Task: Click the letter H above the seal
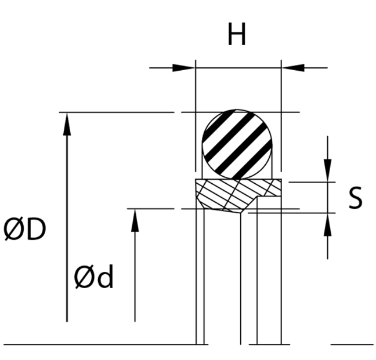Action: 236,36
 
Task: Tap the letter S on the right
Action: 355,198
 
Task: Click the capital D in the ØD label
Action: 35,230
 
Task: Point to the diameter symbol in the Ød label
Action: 84,278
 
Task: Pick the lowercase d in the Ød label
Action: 104,278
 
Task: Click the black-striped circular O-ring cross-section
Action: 237,143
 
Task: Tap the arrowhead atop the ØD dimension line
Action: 67,121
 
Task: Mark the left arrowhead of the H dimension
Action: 185,68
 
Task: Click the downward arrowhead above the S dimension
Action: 328,172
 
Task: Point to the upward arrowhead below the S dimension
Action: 328,224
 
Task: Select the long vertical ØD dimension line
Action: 67,232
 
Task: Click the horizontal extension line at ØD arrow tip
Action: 116,112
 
